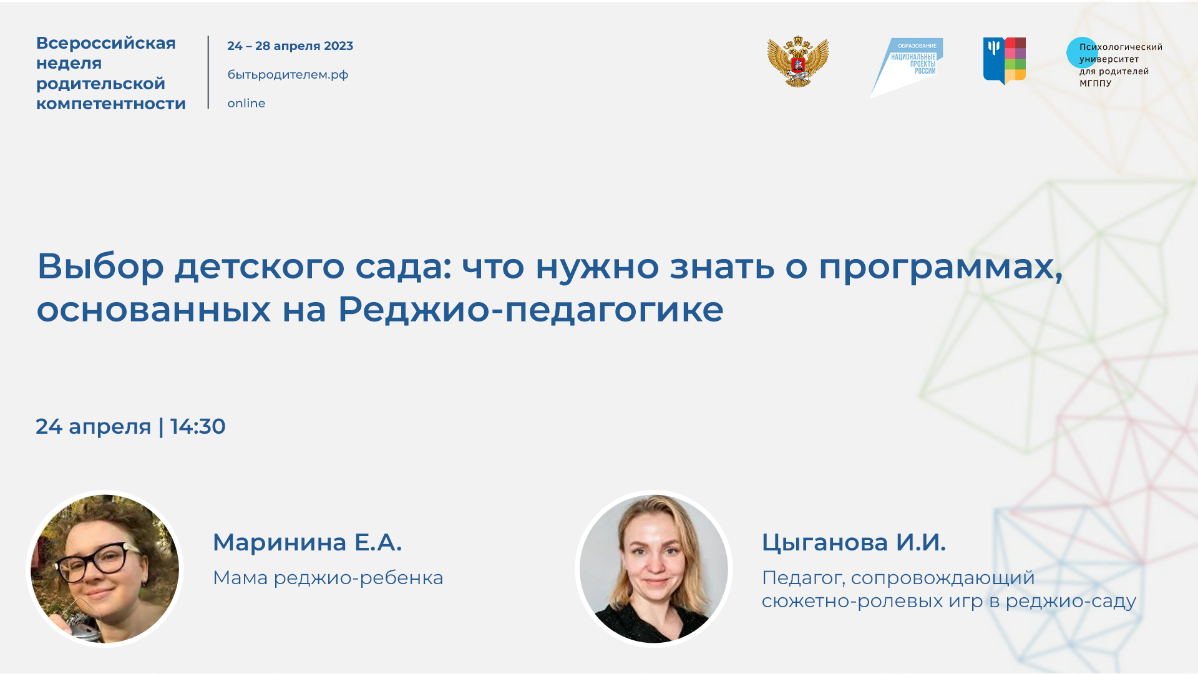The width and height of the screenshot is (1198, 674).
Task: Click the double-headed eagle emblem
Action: click(798, 62)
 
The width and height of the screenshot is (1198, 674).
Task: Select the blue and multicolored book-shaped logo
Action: click(1004, 61)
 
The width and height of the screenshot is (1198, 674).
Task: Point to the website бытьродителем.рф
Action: click(288, 75)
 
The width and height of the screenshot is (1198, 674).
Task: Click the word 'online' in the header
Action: click(246, 104)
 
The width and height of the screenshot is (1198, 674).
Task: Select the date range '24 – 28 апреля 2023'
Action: click(290, 46)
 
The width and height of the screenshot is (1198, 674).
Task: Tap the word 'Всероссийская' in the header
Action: click(105, 43)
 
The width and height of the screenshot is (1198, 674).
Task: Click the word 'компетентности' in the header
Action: click(110, 104)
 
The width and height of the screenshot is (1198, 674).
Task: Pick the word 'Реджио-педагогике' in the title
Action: click(530, 309)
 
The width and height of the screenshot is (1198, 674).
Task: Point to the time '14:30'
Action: click(198, 427)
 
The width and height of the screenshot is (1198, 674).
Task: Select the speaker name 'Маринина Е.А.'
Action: click(307, 542)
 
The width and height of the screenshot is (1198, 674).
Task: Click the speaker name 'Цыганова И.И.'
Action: click(854, 542)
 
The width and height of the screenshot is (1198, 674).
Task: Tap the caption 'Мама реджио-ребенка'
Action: click(328, 578)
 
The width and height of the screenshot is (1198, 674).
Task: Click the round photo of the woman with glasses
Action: click(105, 569)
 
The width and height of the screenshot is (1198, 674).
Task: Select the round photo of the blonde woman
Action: click(653, 569)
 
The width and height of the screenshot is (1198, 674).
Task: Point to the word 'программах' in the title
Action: click(940, 267)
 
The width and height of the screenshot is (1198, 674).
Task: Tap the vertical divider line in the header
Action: click(208, 72)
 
